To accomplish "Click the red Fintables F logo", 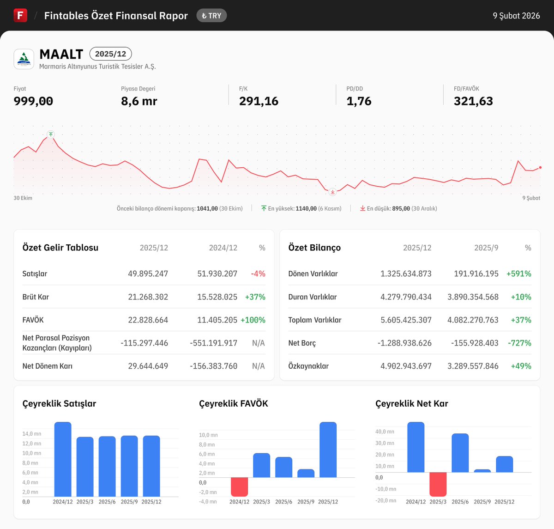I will pyautogui.click(x=20, y=15).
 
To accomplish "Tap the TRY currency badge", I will pyautogui.click(x=211, y=16).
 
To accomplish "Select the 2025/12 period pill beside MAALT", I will pyautogui.click(x=110, y=54).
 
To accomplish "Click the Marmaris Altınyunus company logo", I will pyautogui.click(x=24, y=59).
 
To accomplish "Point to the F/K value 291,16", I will pyautogui.click(x=259, y=101).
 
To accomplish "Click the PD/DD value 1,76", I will pyautogui.click(x=359, y=101).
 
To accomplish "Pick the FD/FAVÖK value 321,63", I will pyautogui.click(x=473, y=101).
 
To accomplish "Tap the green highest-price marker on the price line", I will pyautogui.click(x=51, y=134).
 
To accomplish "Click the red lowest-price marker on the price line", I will pyautogui.click(x=332, y=191).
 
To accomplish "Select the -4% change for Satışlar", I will pyautogui.click(x=258, y=274).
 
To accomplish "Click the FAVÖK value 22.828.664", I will pyautogui.click(x=148, y=320).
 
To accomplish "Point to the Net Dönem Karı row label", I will pyautogui.click(x=48, y=366).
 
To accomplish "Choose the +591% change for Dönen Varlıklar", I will pyautogui.click(x=518, y=274).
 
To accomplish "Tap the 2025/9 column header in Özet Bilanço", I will pyautogui.click(x=486, y=248).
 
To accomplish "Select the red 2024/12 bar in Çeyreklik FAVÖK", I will pyautogui.click(x=239, y=486).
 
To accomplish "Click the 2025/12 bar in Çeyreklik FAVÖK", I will pyautogui.click(x=328, y=450).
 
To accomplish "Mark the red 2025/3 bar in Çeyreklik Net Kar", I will pyautogui.click(x=438, y=484).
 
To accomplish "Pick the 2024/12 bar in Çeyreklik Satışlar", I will pyautogui.click(x=63, y=459).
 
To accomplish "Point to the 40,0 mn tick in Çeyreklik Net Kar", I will pyautogui.click(x=385, y=432).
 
